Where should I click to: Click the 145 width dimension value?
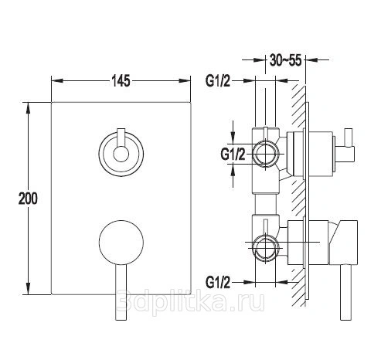tap(121, 81)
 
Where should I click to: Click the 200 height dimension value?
tap(28, 199)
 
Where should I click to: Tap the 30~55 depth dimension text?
tap(285, 60)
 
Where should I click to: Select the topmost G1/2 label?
tap(218, 81)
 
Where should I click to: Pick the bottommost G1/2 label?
tap(218, 282)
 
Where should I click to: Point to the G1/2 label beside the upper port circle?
tap(233, 155)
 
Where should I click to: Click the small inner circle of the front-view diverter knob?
tap(121, 155)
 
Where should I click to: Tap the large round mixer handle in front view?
tap(121, 243)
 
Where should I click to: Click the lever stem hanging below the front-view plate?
tap(121, 292)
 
